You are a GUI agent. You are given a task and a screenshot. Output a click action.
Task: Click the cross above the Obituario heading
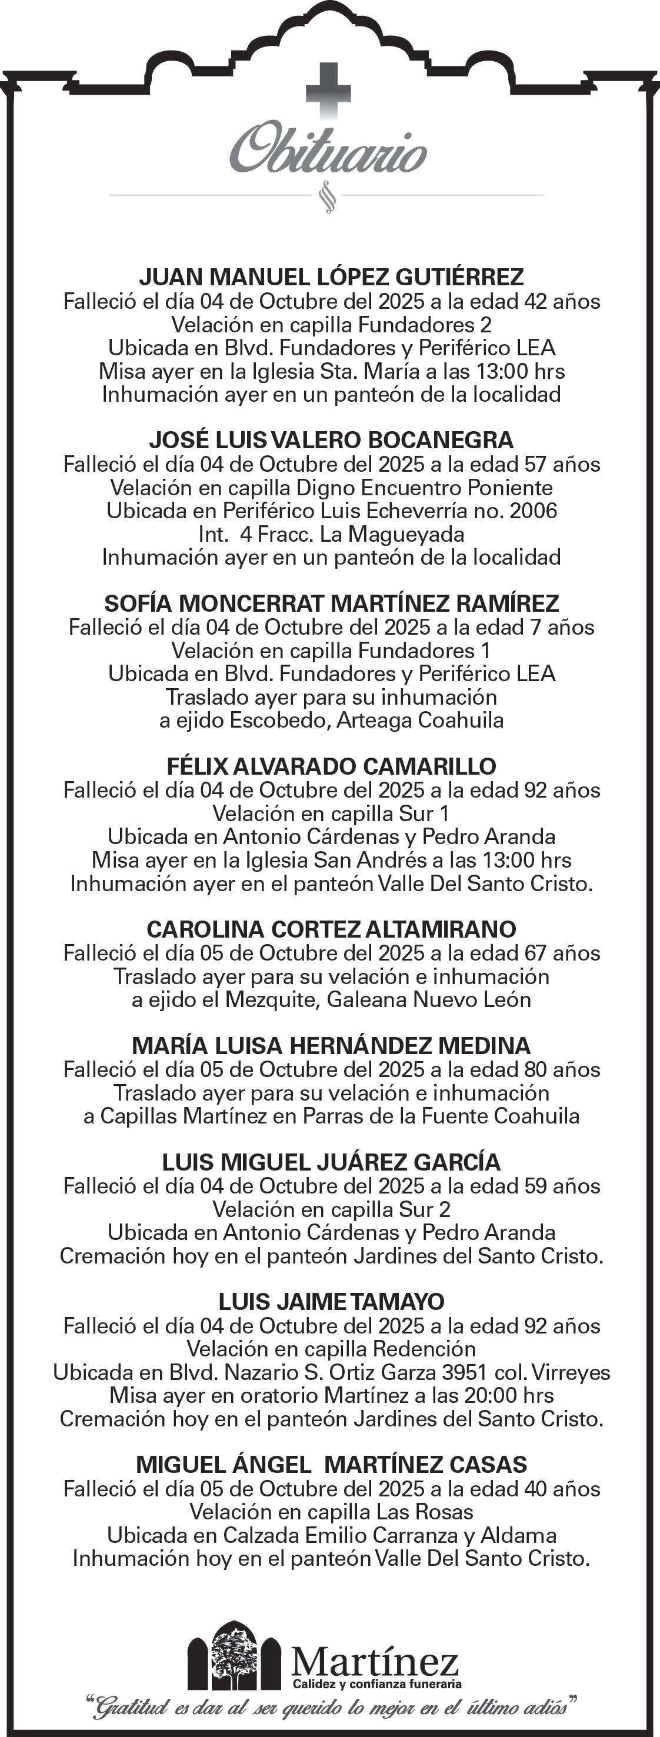328,89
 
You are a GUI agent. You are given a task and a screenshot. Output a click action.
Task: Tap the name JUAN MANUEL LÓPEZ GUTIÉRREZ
331,277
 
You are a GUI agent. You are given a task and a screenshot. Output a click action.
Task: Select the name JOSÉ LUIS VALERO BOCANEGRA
331,441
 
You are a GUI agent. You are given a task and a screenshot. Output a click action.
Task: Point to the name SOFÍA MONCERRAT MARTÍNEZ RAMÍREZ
331,603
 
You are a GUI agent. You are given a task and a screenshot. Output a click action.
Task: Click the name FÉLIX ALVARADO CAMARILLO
331,766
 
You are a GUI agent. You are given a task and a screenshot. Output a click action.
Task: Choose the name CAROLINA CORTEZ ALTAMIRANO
331,929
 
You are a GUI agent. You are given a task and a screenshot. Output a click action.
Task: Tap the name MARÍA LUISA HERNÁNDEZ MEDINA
331,1046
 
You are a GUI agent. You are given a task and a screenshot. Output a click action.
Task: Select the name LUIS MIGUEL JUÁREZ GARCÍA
331,1162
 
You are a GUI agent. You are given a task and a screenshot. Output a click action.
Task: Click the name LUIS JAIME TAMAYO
331,1302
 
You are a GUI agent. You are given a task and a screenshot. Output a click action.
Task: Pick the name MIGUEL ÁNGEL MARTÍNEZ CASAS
331,1465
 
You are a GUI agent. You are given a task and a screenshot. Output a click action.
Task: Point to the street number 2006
534,511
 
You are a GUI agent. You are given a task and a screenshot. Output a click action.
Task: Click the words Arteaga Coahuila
420,720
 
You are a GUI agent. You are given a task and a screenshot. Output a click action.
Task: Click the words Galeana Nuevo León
429,999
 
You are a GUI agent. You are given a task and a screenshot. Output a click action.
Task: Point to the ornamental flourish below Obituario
328,196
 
